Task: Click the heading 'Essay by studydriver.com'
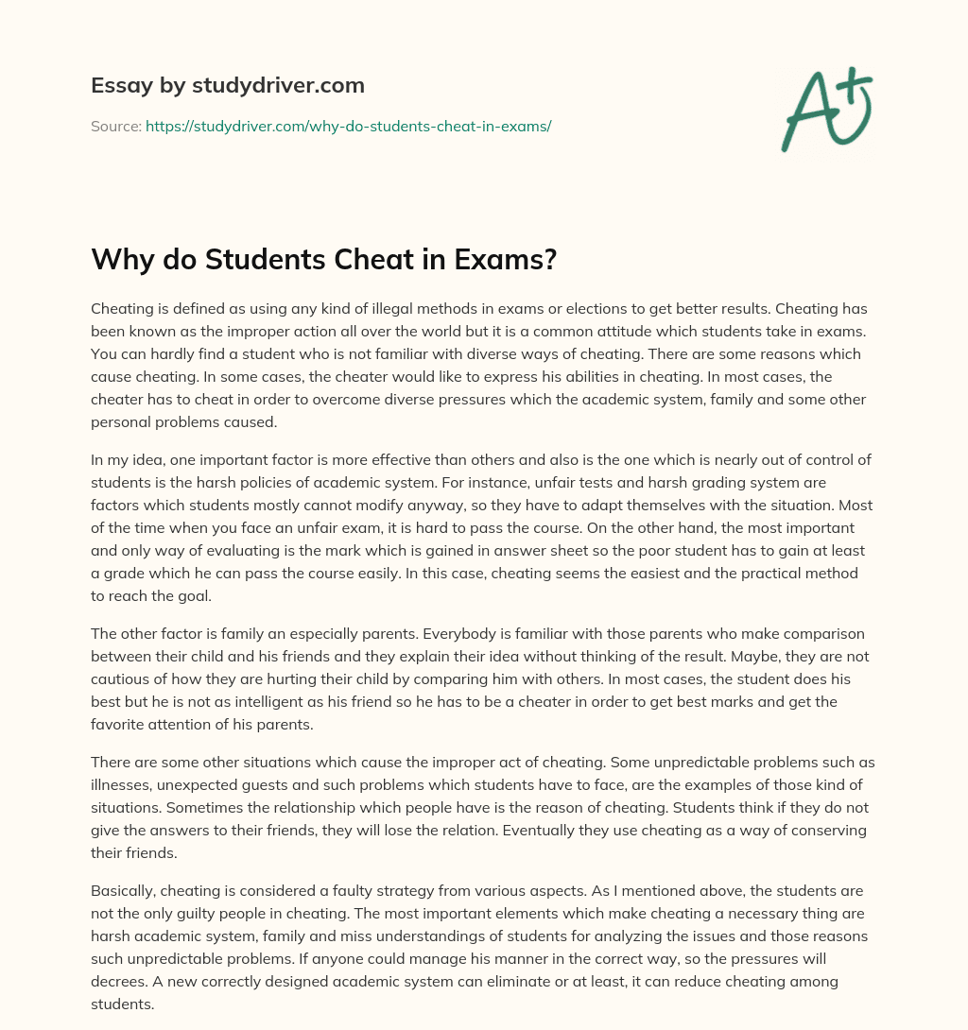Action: click(x=227, y=86)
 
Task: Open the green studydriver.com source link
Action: click(x=348, y=126)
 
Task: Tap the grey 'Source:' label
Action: click(x=115, y=126)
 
